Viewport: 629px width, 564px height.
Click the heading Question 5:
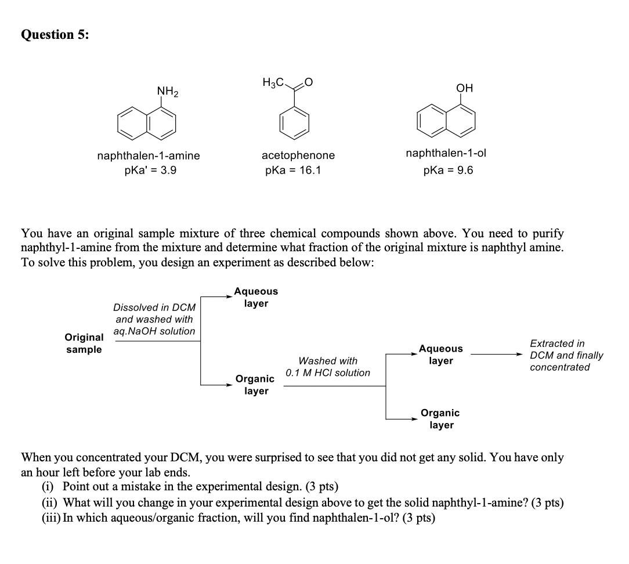55,35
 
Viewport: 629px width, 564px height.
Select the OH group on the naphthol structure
464,88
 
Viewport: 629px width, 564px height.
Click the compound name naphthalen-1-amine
149,156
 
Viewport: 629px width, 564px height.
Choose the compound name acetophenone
298,156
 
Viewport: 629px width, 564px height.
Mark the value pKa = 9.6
449,171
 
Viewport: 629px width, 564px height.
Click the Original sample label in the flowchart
84,343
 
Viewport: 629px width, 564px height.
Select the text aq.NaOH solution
154,331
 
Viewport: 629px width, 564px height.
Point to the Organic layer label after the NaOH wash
255,385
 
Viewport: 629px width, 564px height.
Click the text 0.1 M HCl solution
328,373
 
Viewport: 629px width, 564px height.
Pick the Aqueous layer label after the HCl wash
441,355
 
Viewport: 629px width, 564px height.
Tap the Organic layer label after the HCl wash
440,419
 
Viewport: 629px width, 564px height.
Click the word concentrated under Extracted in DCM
559,367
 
